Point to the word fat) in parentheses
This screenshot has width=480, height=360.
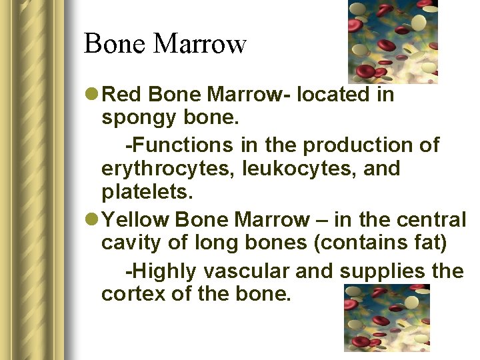pyautogui.click(x=429, y=243)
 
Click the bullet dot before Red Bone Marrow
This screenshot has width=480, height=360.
pyautogui.click(x=92, y=95)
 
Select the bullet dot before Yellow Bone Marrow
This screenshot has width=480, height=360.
pyautogui.click(x=92, y=219)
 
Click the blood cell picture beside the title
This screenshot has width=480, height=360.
pyautogui.click(x=393, y=41)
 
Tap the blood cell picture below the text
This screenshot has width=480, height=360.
pyautogui.click(x=387, y=318)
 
